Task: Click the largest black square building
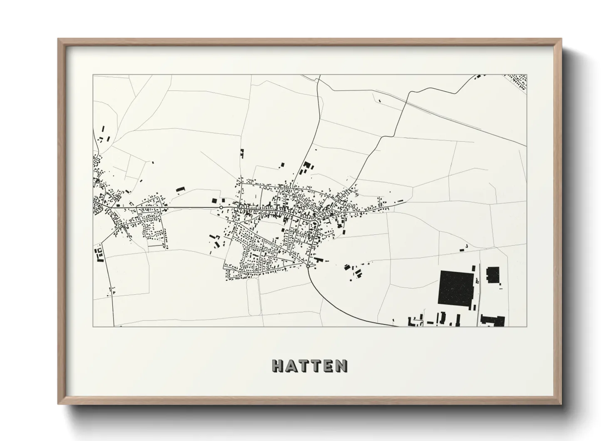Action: coord(457,288)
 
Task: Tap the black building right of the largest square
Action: coord(492,275)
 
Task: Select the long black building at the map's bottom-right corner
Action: coord(493,321)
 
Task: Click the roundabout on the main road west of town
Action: coord(221,207)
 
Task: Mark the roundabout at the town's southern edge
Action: coord(308,266)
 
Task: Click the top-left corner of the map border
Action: coord(93,75)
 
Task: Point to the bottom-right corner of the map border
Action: coord(527,326)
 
